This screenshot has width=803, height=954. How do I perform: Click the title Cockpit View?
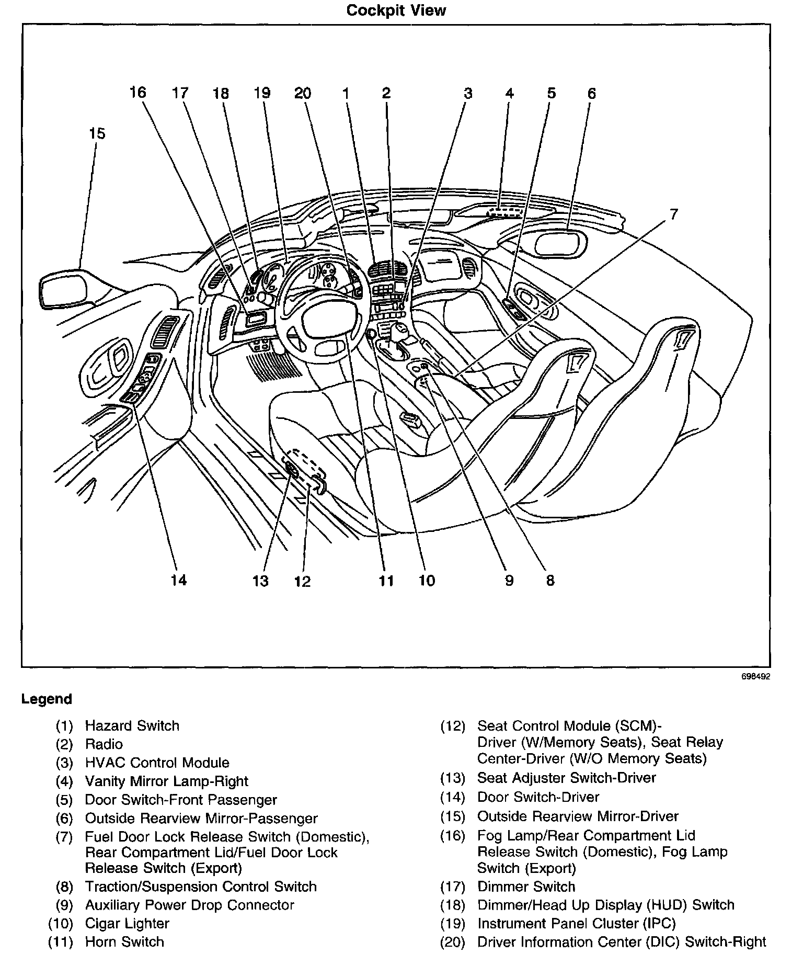pyautogui.click(x=396, y=10)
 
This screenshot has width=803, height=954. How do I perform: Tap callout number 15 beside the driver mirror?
pyautogui.click(x=97, y=133)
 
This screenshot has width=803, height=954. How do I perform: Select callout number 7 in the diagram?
pyautogui.click(x=673, y=214)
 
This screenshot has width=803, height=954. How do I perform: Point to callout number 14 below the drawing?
pyautogui.click(x=178, y=580)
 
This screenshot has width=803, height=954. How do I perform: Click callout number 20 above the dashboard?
pyautogui.click(x=303, y=94)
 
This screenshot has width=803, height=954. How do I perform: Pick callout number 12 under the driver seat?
pyautogui.click(x=302, y=581)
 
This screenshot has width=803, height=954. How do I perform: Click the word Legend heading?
pyautogui.click(x=47, y=699)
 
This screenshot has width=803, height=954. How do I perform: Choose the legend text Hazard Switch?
pyautogui.click(x=132, y=726)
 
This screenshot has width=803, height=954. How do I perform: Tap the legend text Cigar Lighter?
pyautogui.click(x=127, y=924)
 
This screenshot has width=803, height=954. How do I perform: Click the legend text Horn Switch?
pyautogui.click(x=124, y=942)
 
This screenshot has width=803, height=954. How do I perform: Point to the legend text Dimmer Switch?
pyautogui.click(x=526, y=887)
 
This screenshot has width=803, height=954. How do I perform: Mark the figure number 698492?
pyautogui.click(x=755, y=676)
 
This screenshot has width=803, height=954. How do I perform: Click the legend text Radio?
pyautogui.click(x=104, y=744)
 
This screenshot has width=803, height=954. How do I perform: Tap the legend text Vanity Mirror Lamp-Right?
pyautogui.click(x=166, y=781)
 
